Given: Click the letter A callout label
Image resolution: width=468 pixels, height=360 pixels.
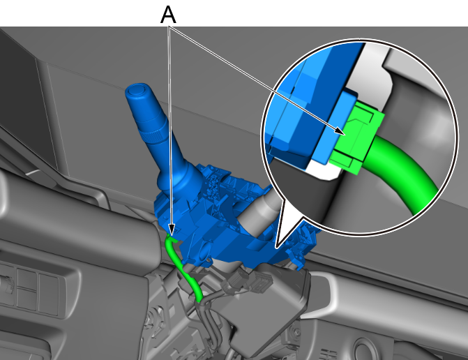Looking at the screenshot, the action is [x=168, y=15].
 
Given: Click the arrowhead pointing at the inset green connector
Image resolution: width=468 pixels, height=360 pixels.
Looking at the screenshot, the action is [x=340, y=131].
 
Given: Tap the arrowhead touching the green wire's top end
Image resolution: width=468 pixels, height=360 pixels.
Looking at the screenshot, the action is [x=172, y=230].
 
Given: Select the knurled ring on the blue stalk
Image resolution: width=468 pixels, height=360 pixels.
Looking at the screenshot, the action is [x=154, y=137].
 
